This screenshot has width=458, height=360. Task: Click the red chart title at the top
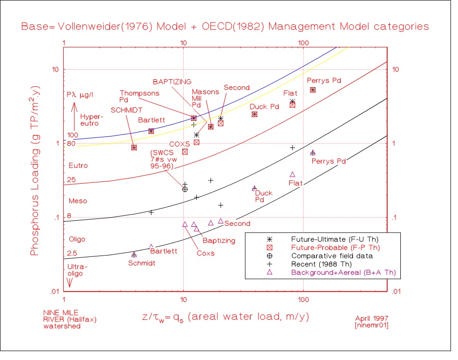(225, 27)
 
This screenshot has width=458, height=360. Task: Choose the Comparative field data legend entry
(332, 255)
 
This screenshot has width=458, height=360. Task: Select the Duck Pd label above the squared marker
(264, 106)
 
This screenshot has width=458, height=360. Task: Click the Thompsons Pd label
(140, 96)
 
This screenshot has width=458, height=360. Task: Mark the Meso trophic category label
(78, 201)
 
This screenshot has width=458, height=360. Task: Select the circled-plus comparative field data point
(185, 189)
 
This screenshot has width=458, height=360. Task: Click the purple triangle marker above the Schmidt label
(134, 255)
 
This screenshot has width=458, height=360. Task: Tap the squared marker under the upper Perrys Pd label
(313, 90)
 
